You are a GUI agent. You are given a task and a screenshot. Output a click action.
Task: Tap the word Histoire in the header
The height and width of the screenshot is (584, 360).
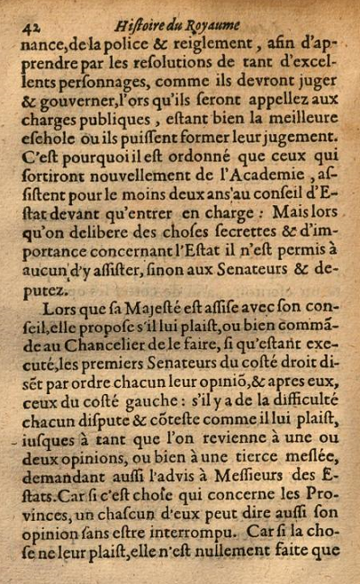tap(147, 12)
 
